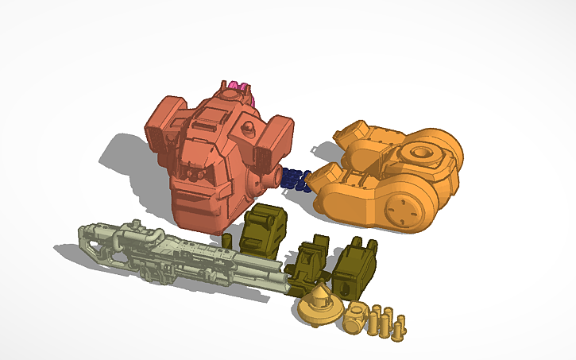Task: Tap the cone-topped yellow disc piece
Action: tap(319, 304)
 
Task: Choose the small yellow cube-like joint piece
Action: tap(355, 318)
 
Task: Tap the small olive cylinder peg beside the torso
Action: tap(226, 240)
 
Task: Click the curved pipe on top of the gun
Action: tap(143, 232)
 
